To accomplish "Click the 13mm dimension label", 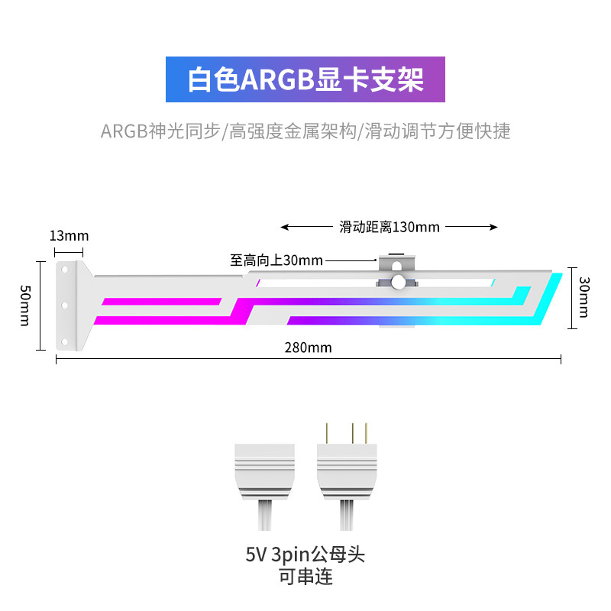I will click(69, 235).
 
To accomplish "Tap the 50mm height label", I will click(25, 305).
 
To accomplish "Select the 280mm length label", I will click(309, 348).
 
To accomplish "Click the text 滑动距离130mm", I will click(390, 227).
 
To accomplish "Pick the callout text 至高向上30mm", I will click(276, 260).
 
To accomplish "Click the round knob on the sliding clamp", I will click(397, 283).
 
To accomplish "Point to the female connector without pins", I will click(263, 471).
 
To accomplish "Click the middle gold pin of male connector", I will click(352, 433).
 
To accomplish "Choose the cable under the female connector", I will click(263, 516).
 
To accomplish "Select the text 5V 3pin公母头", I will click(305, 554).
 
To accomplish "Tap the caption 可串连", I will click(305, 577).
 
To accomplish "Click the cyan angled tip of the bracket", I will click(551, 302).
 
